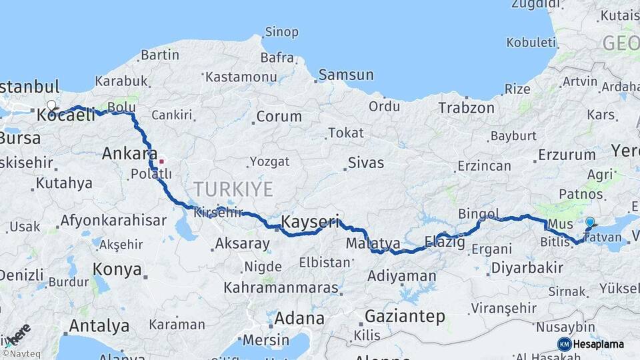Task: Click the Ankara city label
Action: pos(129,154)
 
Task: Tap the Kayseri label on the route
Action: pos(310,221)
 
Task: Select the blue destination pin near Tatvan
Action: pos(589,223)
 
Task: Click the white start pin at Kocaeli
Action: pos(51,105)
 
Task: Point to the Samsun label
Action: pos(346,75)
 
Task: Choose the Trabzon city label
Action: pos(466,107)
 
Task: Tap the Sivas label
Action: pos(367,162)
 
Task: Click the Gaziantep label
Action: pos(405,317)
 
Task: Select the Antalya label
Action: pos(99,326)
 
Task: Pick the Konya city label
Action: pos(117,269)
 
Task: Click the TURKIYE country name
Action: pos(233,189)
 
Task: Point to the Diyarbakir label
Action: pos(526,268)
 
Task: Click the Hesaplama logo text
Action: pos(598,344)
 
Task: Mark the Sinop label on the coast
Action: pos(281,32)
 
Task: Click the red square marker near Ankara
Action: pos(161,161)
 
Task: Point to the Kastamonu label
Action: pos(241,77)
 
